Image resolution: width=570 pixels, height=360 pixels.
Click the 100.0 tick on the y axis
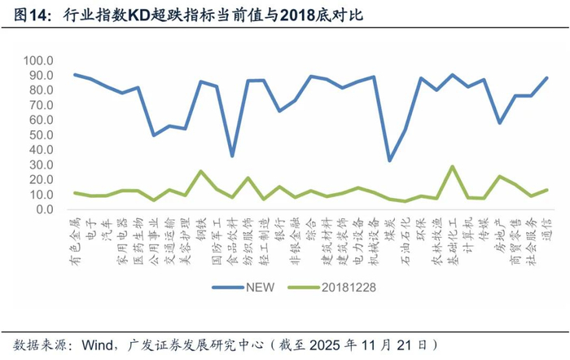(x=40, y=61)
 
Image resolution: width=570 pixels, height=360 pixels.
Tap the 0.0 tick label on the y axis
(x=45, y=209)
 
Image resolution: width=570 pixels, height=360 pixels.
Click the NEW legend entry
(x=244, y=286)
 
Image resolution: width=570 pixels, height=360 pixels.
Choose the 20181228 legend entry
(x=341, y=286)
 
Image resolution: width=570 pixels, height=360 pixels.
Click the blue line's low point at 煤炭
(x=389, y=160)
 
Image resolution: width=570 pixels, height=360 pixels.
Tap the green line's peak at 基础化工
(x=452, y=166)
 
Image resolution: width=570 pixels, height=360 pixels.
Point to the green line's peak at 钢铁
(x=201, y=171)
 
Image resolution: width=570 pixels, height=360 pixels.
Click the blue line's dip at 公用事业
(x=154, y=135)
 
